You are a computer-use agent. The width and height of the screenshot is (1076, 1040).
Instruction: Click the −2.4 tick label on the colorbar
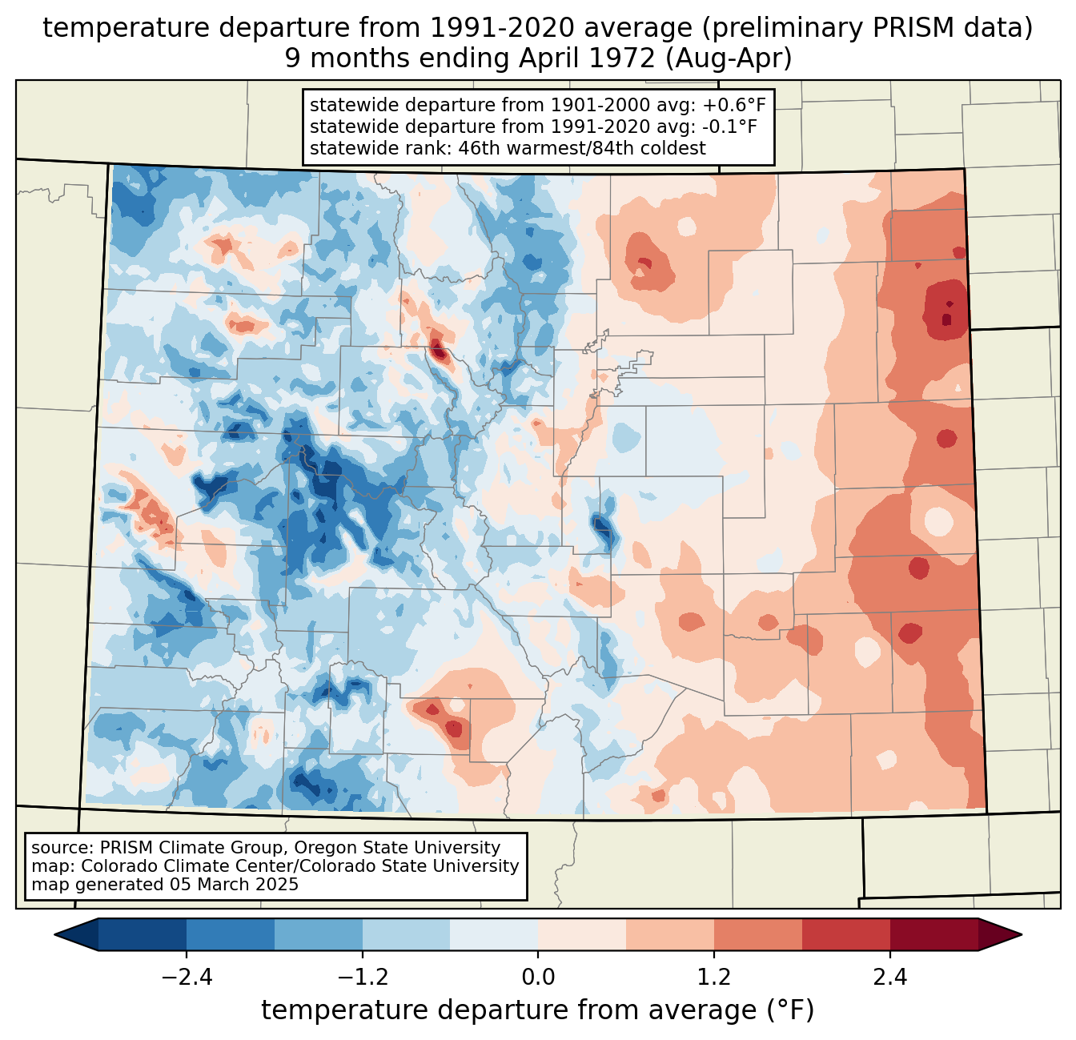point(187,978)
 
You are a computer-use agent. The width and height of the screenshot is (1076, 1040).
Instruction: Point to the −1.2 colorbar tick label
point(362,978)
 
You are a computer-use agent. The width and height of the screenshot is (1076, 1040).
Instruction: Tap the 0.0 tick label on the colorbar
point(538,978)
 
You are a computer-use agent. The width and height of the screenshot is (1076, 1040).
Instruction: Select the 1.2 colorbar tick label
point(714,978)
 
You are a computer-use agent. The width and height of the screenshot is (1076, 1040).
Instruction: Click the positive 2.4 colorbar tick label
point(889,978)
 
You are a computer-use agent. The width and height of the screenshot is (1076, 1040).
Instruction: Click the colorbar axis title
point(538,1010)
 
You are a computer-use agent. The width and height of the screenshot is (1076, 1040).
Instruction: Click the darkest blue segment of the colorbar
point(143,934)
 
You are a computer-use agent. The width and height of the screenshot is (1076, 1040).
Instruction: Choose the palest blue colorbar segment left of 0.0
point(494,934)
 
